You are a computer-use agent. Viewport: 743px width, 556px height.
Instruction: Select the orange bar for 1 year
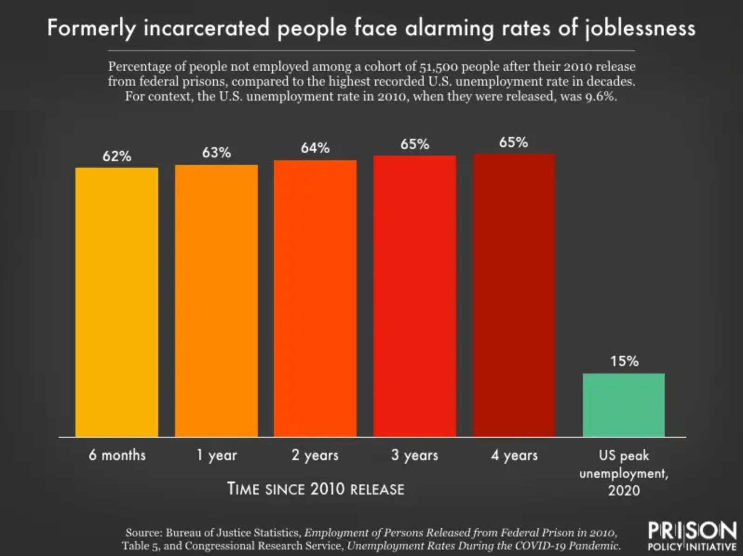pos(216,300)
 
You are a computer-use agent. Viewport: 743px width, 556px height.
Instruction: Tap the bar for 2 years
pos(315,298)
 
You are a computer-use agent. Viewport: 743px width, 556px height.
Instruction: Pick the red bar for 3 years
pos(415,296)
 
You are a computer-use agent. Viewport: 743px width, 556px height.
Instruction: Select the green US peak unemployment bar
pos(624,405)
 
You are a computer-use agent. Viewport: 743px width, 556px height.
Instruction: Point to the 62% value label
pos(117,156)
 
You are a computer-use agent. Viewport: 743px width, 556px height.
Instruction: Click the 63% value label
pos(216,152)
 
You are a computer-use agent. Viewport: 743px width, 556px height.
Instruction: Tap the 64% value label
pos(315,148)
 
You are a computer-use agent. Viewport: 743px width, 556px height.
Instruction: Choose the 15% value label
pos(624,361)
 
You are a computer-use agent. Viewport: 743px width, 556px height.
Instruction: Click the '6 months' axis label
pos(117,455)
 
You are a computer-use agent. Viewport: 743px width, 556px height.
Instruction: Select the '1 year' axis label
pos(216,455)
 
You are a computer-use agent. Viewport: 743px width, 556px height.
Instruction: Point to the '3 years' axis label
pos(415,455)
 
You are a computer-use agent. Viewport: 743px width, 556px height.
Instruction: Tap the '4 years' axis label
pos(514,455)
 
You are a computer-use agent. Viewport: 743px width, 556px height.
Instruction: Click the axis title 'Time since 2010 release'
pos(316,489)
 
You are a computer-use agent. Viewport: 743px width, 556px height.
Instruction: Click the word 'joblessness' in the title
pos(640,29)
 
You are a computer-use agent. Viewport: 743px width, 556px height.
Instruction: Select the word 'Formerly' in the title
pos(91,28)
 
